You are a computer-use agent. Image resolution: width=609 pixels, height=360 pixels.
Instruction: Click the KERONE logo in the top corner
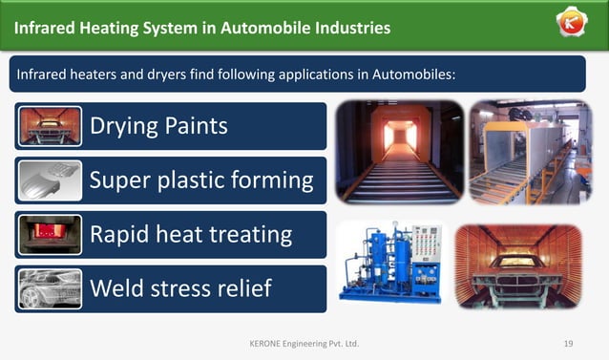(573, 25)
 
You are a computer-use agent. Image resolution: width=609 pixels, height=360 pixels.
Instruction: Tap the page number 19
(568, 343)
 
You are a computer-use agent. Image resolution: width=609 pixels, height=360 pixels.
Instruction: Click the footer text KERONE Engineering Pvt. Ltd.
(304, 343)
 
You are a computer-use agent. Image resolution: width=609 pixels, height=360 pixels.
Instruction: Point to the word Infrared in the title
(46, 28)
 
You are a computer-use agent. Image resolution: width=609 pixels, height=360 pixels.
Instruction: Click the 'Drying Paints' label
(158, 125)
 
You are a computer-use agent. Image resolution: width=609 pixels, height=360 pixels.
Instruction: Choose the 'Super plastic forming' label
(200, 180)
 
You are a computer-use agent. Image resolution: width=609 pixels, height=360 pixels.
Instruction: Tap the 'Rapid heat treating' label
(190, 234)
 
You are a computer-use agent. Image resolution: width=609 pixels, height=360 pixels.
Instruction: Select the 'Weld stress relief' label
(180, 287)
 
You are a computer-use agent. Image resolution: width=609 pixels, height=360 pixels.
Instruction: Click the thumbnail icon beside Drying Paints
(50, 126)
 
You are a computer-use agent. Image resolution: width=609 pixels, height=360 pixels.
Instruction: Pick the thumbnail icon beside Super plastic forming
(50, 180)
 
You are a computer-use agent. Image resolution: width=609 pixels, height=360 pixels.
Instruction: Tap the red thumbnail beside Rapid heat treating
(50, 234)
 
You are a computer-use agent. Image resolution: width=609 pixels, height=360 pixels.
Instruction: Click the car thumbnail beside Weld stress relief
(50, 288)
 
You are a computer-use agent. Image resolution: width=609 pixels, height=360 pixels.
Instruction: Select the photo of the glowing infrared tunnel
(399, 152)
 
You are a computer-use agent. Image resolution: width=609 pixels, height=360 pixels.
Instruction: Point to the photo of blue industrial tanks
(391, 264)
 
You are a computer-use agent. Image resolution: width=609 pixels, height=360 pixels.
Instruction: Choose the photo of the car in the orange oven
(518, 266)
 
